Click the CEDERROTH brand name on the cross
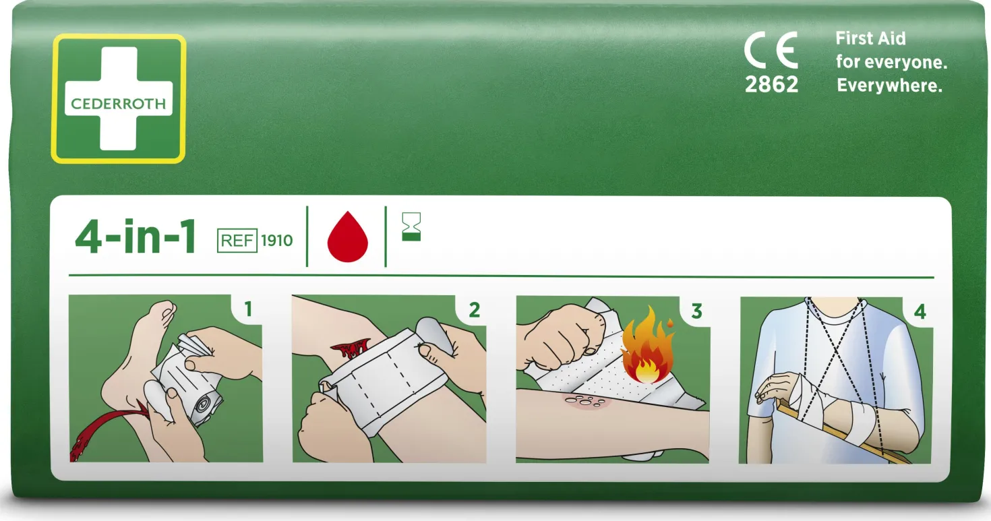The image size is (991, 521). pos(118,104)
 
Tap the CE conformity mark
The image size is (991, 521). pos(771,50)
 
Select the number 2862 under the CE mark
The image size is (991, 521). pos(771,84)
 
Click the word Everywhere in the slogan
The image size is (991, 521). pos(889,86)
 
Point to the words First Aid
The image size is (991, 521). pos(870,38)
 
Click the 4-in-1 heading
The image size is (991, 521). pos(136,237)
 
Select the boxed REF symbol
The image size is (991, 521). pos(237,241)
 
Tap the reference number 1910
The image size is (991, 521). pos(276,241)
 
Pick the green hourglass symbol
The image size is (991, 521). pos(411,227)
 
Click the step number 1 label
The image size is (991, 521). pos(248,309)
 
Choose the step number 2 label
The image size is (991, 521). pos(475,310)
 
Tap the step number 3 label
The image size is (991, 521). pos(697,311)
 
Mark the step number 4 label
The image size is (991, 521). pos(920,312)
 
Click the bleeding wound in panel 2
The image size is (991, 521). pos(351,347)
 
